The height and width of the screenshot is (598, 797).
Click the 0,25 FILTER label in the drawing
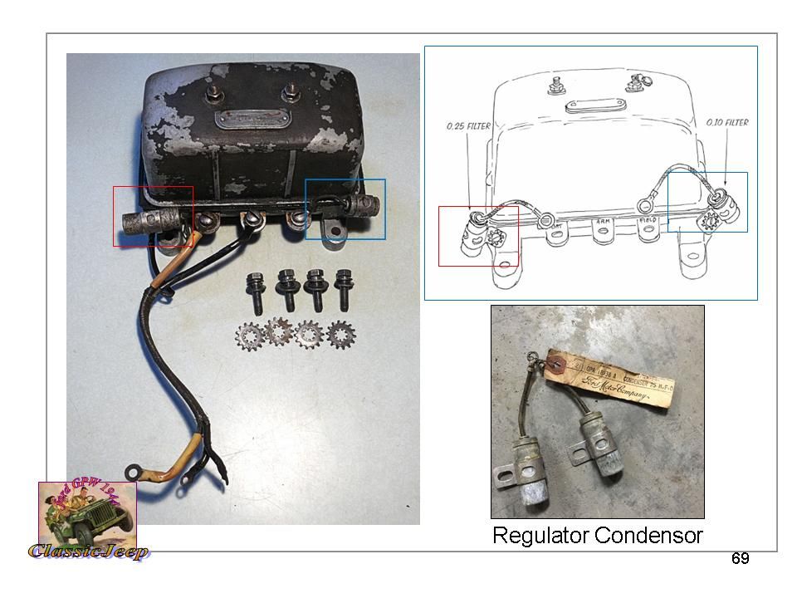click(x=467, y=126)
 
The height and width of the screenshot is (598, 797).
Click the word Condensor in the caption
click(x=649, y=536)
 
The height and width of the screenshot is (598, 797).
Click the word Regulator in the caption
click(x=540, y=536)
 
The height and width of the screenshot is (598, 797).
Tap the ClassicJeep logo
click(x=88, y=522)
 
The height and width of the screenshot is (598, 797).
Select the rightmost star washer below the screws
click(x=340, y=336)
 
